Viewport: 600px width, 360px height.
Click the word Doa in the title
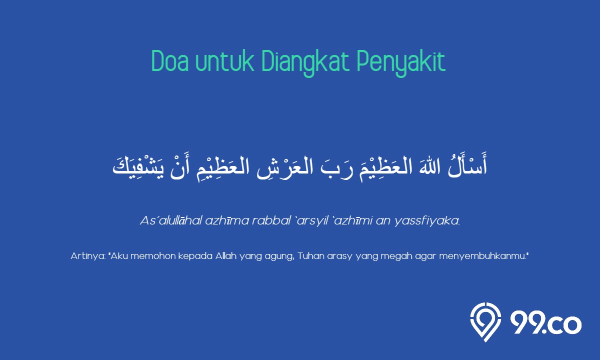(170, 61)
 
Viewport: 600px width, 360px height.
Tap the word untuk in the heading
(224, 61)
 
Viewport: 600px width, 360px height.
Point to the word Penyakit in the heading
(401, 63)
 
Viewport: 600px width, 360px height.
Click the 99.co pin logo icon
(485, 322)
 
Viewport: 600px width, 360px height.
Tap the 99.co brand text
(546, 324)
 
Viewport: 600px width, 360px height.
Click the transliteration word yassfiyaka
(427, 221)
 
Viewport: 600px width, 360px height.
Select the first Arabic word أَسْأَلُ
(467, 165)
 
